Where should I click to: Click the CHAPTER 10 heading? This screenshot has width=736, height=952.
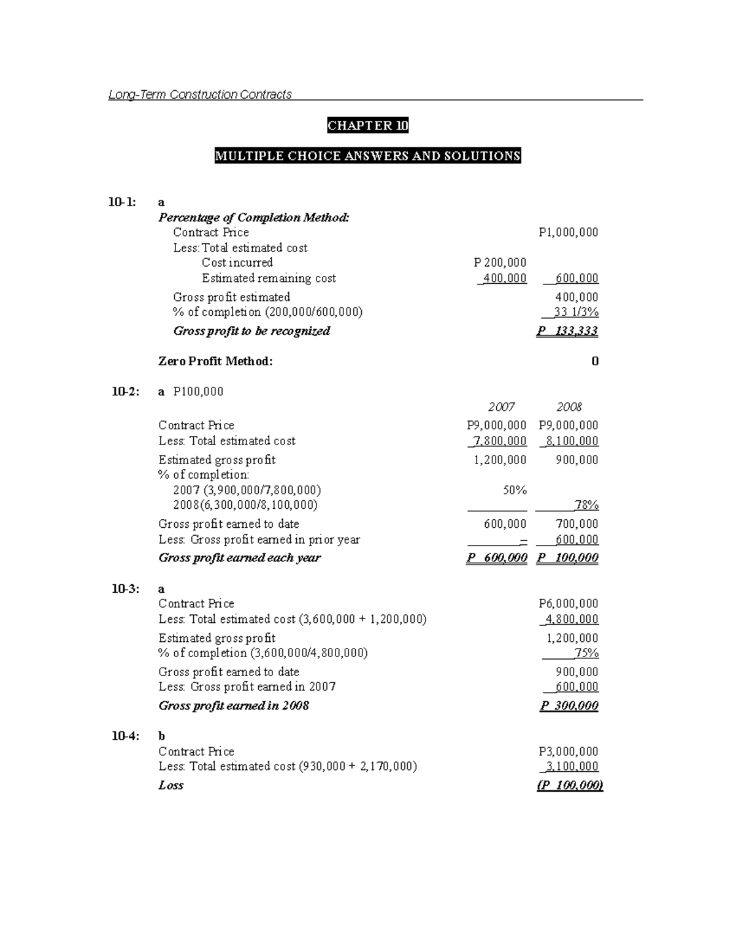(x=367, y=126)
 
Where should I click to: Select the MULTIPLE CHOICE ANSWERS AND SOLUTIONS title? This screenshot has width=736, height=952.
(x=367, y=156)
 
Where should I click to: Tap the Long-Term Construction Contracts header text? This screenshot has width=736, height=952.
(x=200, y=94)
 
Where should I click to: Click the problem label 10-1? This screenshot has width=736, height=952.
(x=123, y=202)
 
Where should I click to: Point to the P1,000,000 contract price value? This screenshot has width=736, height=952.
(x=568, y=232)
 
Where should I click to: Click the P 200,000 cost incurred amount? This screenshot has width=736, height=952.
(x=500, y=262)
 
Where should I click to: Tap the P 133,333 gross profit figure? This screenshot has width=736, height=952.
(x=567, y=331)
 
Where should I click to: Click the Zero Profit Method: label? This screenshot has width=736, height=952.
(x=215, y=361)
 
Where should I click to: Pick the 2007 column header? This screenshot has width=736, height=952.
(x=501, y=407)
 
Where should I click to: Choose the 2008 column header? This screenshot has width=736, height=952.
(x=569, y=407)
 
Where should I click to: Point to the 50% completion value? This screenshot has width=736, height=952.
(x=514, y=490)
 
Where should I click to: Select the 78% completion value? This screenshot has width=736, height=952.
(x=586, y=505)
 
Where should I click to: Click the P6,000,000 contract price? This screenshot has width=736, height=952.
(x=568, y=604)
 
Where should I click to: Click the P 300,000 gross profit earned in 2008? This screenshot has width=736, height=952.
(x=569, y=706)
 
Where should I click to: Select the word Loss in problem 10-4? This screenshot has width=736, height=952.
(x=171, y=785)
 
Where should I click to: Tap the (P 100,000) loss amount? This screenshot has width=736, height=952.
(x=570, y=785)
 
